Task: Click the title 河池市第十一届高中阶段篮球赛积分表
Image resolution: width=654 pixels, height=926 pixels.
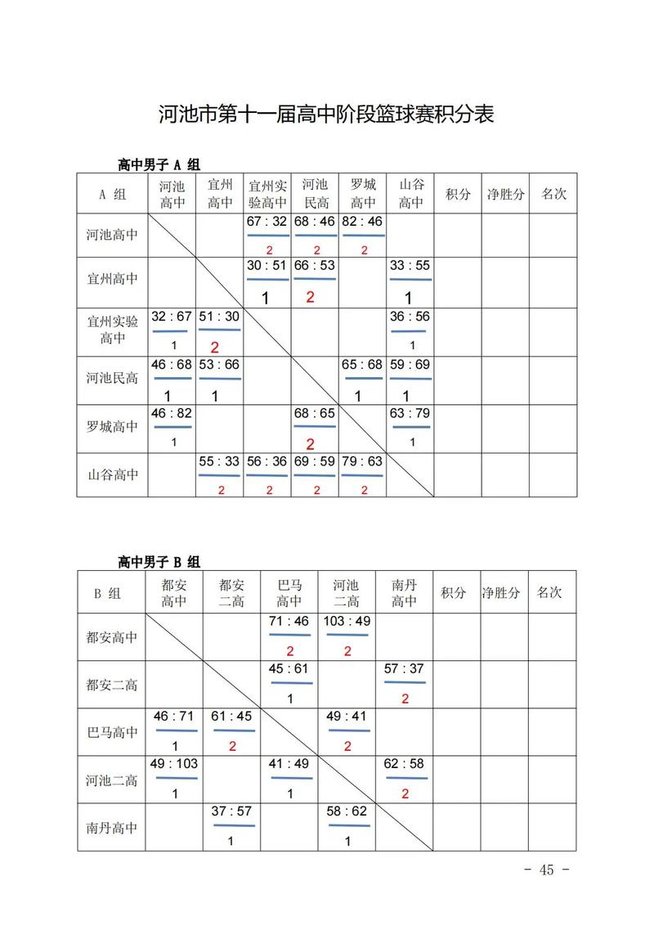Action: click(x=326, y=113)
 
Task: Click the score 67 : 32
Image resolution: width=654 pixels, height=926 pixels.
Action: click(x=267, y=222)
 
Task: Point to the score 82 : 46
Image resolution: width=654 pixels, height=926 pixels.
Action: click(x=362, y=222)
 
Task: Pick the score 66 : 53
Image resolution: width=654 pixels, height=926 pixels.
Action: click(x=315, y=266)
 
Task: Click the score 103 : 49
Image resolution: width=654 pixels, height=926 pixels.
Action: click(x=347, y=621)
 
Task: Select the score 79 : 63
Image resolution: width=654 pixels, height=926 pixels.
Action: click(x=362, y=461)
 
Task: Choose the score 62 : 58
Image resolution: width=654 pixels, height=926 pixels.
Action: click(x=405, y=763)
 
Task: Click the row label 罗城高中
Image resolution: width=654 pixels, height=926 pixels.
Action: click(x=112, y=427)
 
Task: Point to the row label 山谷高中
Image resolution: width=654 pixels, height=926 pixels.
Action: click(x=112, y=474)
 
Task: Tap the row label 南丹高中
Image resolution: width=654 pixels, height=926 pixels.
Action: click(x=112, y=827)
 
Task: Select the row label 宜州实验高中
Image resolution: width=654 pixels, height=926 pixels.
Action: click(x=112, y=330)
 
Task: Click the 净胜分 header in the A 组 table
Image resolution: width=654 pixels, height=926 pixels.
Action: click(x=505, y=194)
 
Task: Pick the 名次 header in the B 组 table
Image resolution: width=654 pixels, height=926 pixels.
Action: click(x=549, y=591)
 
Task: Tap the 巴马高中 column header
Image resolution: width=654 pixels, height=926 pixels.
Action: click(x=289, y=593)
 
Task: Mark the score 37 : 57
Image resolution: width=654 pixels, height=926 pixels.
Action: click(x=231, y=811)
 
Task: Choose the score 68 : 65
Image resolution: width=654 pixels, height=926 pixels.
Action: click(x=315, y=414)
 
